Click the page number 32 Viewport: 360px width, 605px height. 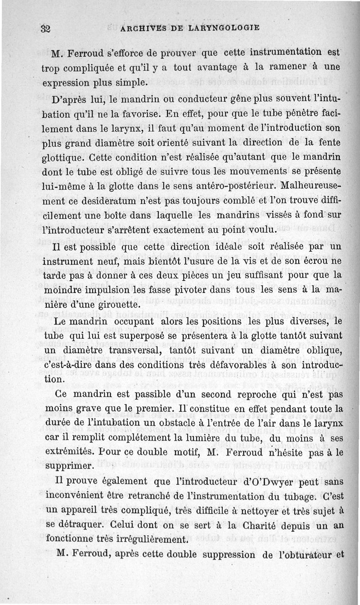[45, 28]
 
